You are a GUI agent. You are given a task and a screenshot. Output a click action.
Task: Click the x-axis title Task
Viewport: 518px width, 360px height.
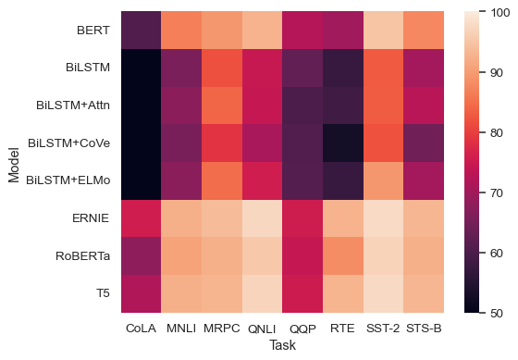[x=280, y=343]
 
